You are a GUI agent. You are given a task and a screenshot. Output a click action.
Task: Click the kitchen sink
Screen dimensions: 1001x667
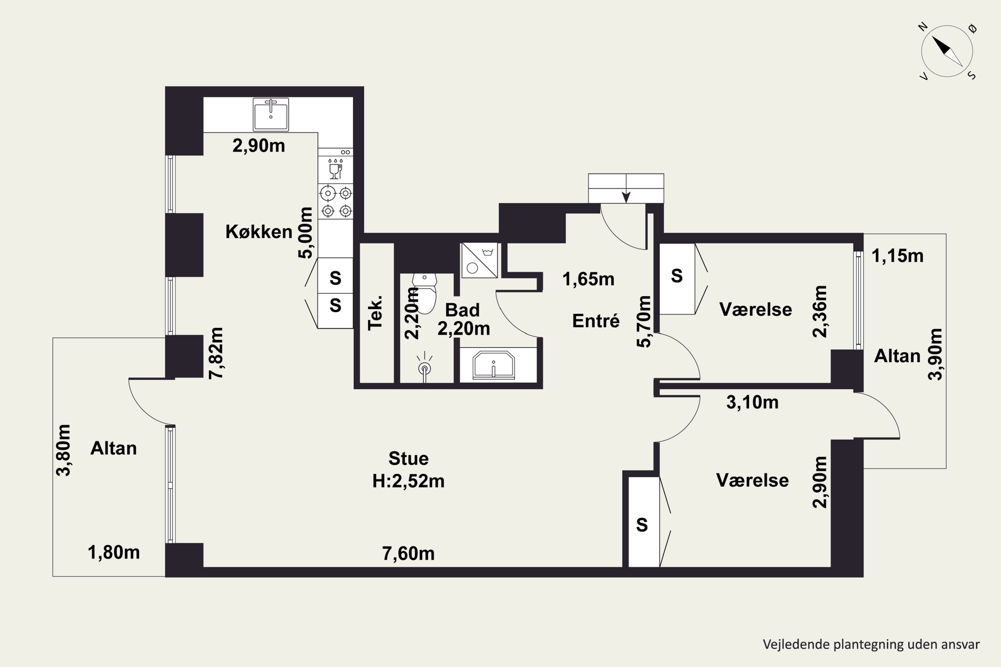point(271,114)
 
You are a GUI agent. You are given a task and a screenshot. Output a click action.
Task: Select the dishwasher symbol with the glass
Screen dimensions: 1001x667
point(335,168)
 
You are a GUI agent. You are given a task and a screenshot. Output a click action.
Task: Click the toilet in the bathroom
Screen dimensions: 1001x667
point(424,293)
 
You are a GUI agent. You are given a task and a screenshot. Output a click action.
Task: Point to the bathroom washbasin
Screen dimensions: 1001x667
point(494,365)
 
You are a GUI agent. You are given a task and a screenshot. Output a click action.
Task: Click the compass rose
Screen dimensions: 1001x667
point(947,51)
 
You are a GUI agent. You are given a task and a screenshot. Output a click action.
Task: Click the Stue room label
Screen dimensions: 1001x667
point(408,459)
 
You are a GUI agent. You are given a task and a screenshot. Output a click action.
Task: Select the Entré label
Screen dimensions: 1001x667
point(596,321)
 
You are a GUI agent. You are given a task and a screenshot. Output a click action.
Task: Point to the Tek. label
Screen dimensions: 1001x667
point(375,313)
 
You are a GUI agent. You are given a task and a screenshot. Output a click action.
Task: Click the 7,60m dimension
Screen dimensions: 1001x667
point(408,553)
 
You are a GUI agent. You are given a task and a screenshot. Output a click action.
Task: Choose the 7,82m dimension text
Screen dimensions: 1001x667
point(216,353)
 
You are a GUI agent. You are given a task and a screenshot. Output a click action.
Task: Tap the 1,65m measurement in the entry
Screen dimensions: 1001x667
point(589,279)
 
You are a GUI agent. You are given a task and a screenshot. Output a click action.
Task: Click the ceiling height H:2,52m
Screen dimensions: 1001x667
point(408,481)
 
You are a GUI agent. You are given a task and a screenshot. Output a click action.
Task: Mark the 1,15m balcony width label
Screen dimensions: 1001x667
point(898,256)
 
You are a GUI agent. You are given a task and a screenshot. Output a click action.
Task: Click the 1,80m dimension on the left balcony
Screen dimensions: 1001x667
point(114,553)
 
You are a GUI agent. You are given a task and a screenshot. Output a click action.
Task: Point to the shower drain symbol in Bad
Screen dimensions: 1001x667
point(425,368)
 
